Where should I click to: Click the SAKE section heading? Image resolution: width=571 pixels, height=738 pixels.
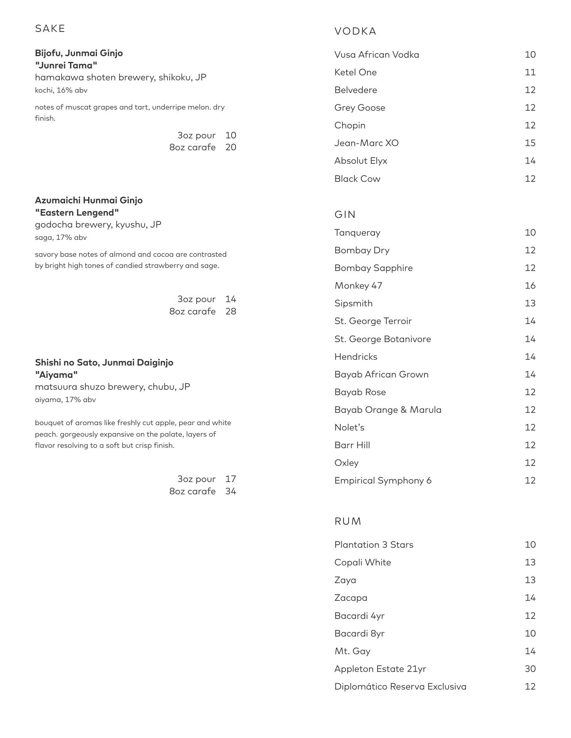point(50,29)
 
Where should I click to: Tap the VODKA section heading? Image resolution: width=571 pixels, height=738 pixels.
point(355,32)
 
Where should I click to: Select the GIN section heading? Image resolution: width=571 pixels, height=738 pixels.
point(345,214)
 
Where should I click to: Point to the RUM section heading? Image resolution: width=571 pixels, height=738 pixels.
point(348,521)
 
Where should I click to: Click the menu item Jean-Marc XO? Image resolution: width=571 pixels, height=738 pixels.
point(366,143)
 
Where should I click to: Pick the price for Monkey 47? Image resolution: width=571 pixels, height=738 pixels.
point(530,286)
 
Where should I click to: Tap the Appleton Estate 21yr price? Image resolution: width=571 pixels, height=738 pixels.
point(530,669)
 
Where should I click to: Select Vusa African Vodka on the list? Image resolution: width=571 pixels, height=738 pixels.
point(377,55)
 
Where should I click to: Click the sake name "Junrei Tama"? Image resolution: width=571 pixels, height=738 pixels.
point(66,65)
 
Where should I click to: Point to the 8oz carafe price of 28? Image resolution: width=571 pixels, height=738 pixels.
point(230,311)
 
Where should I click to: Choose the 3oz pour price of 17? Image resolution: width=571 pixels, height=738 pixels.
point(230,479)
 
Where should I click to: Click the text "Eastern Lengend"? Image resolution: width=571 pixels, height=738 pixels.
point(77,213)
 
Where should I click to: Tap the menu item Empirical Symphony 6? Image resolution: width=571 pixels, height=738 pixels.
point(383,480)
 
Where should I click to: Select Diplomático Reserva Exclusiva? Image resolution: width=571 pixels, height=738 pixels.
point(400,686)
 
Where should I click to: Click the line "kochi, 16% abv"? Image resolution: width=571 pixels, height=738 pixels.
point(61,90)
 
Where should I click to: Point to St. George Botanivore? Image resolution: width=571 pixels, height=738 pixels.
point(382,339)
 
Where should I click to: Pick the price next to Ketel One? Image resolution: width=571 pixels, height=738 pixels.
point(530,72)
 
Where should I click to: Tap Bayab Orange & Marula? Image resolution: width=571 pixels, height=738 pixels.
point(388,410)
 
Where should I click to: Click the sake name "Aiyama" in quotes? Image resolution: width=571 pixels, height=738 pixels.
point(57,375)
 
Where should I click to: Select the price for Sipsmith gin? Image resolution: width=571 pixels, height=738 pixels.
point(530,303)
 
